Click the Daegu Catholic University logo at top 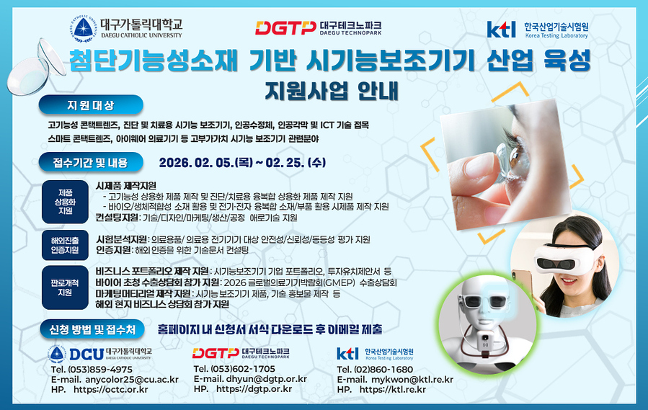point(127,27)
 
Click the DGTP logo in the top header point(319,27)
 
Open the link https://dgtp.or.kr point(254,389)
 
